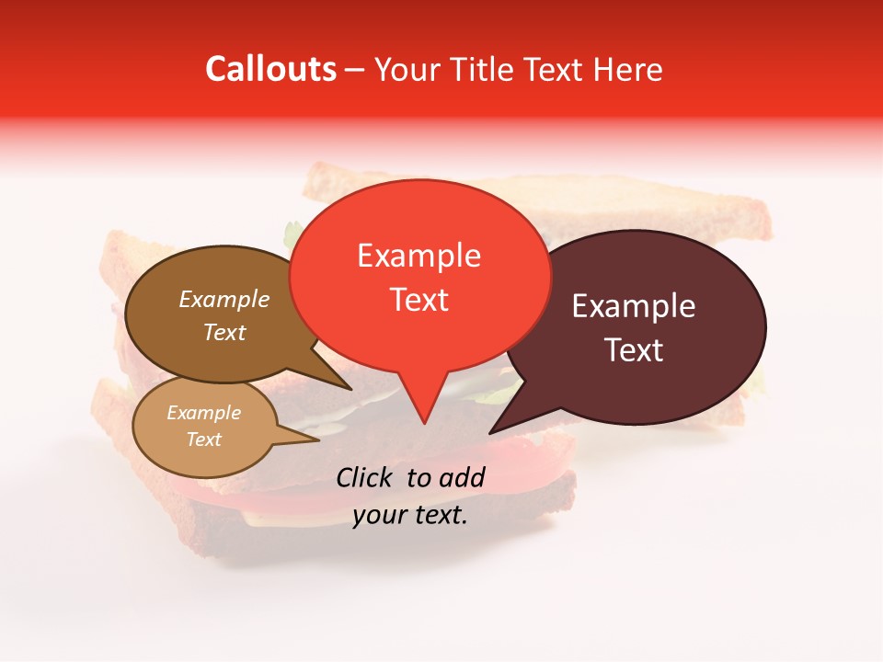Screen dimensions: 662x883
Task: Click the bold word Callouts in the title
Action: [270, 69]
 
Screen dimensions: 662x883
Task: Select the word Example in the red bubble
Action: [419, 256]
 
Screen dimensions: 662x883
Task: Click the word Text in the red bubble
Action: [419, 299]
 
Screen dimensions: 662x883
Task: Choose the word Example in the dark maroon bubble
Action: [634, 306]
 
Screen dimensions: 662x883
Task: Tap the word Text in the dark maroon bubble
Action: [634, 349]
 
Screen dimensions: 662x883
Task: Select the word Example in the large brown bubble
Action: [224, 299]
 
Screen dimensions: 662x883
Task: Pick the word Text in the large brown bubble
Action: [224, 332]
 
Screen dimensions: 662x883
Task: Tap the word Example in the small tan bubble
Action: [203, 413]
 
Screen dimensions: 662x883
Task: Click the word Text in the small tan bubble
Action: [203, 439]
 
